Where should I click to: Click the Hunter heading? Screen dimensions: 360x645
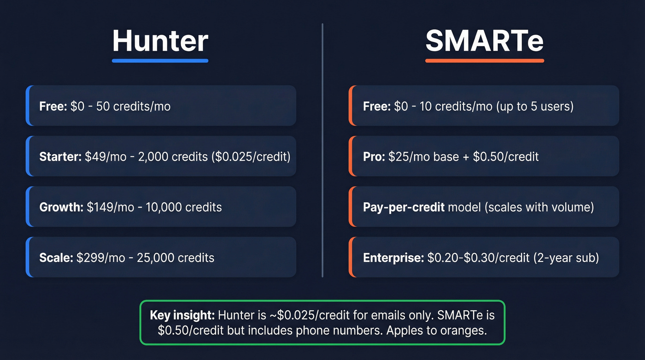(160, 41)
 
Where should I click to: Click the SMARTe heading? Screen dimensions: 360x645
(484, 41)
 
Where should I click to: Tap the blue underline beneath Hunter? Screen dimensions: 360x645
(160, 60)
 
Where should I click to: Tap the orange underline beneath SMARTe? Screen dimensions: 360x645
(484, 60)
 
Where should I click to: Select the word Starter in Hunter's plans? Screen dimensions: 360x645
(60, 157)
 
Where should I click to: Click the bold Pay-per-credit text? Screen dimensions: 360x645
(404, 207)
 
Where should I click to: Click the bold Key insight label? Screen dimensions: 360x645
(182, 315)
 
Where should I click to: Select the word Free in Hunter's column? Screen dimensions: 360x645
(53, 106)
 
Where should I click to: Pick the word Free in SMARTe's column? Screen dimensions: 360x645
(377, 106)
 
